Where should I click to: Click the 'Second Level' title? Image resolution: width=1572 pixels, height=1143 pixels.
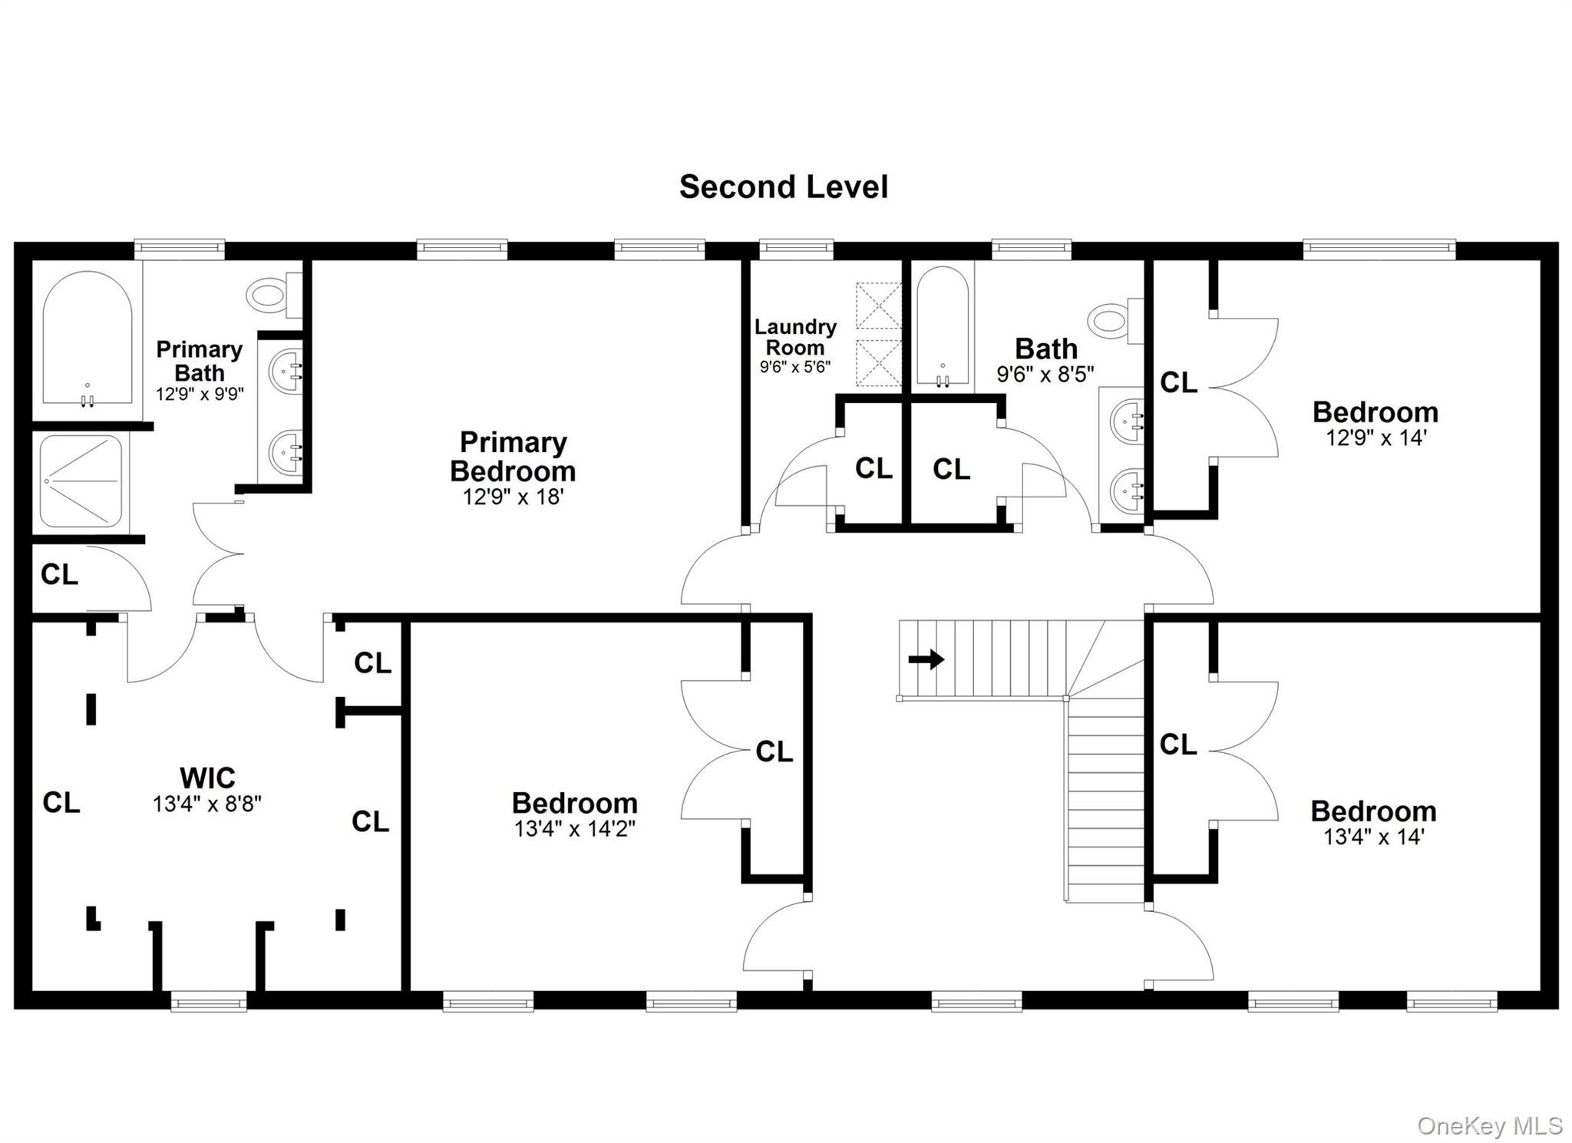click(x=784, y=187)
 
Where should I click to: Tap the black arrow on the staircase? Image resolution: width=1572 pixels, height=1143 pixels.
click(x=926, y=659)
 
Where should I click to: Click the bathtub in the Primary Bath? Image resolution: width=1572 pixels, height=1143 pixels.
click(x=88, y=338)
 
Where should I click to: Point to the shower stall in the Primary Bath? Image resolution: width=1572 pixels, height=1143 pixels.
click(x=81, y=481)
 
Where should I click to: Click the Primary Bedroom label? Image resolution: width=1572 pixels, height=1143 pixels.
click(x=513, y=456)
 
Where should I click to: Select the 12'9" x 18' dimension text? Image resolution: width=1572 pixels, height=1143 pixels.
click(x=513, y=497)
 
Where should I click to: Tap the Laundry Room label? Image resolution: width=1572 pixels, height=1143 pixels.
click(x=795, y=337)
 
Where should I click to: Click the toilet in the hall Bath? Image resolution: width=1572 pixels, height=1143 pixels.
click(x=1115, y=321)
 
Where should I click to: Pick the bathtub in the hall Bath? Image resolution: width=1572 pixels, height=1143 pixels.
click(x=943, y=327)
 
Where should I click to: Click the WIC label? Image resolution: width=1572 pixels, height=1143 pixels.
click(x=207, y=778)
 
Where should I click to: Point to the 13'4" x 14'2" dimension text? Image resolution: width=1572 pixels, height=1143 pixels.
click(x=575, y=829)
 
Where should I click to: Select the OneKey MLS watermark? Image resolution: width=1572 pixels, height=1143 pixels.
click(x=1490, y=1126)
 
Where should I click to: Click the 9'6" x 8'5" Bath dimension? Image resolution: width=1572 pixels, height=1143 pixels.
click(x=1045, y=374)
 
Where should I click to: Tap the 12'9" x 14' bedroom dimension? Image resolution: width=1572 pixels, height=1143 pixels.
click(x=1375, y=438)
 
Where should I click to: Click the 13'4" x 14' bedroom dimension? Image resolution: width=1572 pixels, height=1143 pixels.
click(x=1373, y=837)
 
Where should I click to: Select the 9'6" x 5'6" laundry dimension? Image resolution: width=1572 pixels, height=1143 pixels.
click(x=795, y=367)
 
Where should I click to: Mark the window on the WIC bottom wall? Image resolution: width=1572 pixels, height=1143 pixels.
click(x=209, y=1001)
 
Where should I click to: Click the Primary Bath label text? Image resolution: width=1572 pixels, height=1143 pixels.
click(x=200, y=361)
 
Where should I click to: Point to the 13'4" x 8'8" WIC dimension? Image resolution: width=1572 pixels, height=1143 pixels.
click(x=207, y=804)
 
